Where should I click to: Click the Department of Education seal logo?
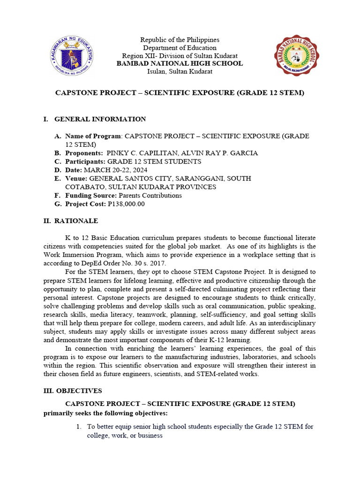click(x=71, y=56)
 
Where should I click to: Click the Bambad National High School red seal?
click(x=296, y=55)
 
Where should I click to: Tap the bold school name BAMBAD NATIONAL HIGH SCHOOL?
click(x=180, y=63)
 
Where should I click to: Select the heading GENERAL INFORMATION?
click(x=100, y=119)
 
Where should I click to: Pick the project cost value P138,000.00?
click(x=126, y=204)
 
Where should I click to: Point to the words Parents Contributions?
click(x=150, y=195)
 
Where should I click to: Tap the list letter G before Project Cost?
click(x=58, y=204)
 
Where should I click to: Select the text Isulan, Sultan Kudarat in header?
click(x=180, y=71)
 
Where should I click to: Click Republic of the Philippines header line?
click(x=180, y=40)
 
